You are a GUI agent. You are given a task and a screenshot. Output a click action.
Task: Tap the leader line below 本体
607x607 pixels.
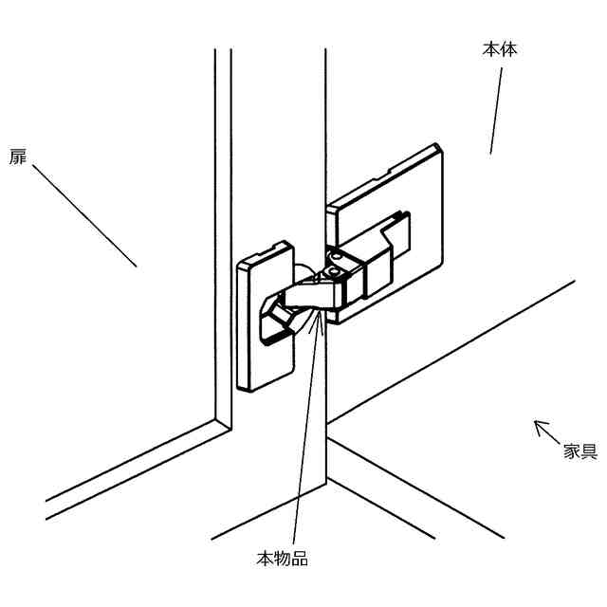pyautogui.click(x=496, y=109)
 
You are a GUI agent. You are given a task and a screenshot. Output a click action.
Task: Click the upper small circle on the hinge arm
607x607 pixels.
pyautogui.click(x=334, y=255)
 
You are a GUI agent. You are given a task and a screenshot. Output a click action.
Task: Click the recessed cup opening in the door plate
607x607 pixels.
pyautogui.click(x=274, y=318)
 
